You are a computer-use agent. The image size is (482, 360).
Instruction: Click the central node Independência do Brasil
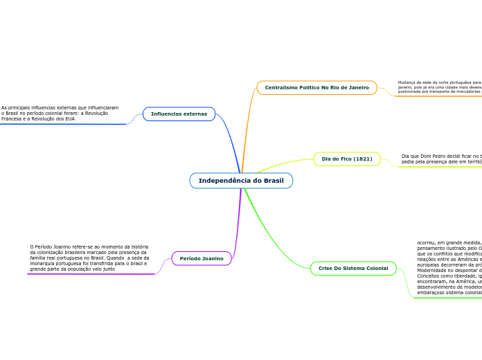(x=241, y=181)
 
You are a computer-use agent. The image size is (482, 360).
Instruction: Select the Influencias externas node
(x=179, y=114)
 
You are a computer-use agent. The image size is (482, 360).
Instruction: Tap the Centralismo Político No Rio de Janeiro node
(x=316, y=88)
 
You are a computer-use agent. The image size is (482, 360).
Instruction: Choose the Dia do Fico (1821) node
(x=347, y=159)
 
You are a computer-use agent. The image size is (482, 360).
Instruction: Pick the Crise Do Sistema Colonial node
(x=353, y=268)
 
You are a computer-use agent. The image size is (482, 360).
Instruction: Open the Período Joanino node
(x=202, y=258)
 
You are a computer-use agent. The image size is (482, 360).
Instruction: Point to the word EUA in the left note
(x=70, y=119)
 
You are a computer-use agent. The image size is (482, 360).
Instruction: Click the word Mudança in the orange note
(x=407, y=82)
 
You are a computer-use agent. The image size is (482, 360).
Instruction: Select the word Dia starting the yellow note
(x=405, y=156)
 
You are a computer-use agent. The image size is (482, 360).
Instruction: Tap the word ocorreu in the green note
(x=426, y=243)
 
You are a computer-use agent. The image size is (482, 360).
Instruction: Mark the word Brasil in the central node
(x=272, y=181)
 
